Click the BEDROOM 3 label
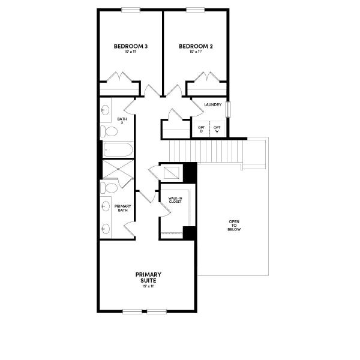pos(131,46)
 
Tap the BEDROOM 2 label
pos(196,46)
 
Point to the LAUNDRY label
pos(212,105)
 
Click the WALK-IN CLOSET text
pos(175,200)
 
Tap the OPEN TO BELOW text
pos(234,224)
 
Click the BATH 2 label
pos(122,121)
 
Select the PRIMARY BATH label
pos(122,207)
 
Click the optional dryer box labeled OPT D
pos(202,129)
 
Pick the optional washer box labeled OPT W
pos(217,129)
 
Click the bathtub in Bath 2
pos(116,150)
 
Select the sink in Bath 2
pos(106,110)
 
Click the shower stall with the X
pos(117,170)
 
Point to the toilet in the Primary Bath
pos(109,188)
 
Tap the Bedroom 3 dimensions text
pos(131,52)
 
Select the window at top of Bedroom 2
pos(196,9)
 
